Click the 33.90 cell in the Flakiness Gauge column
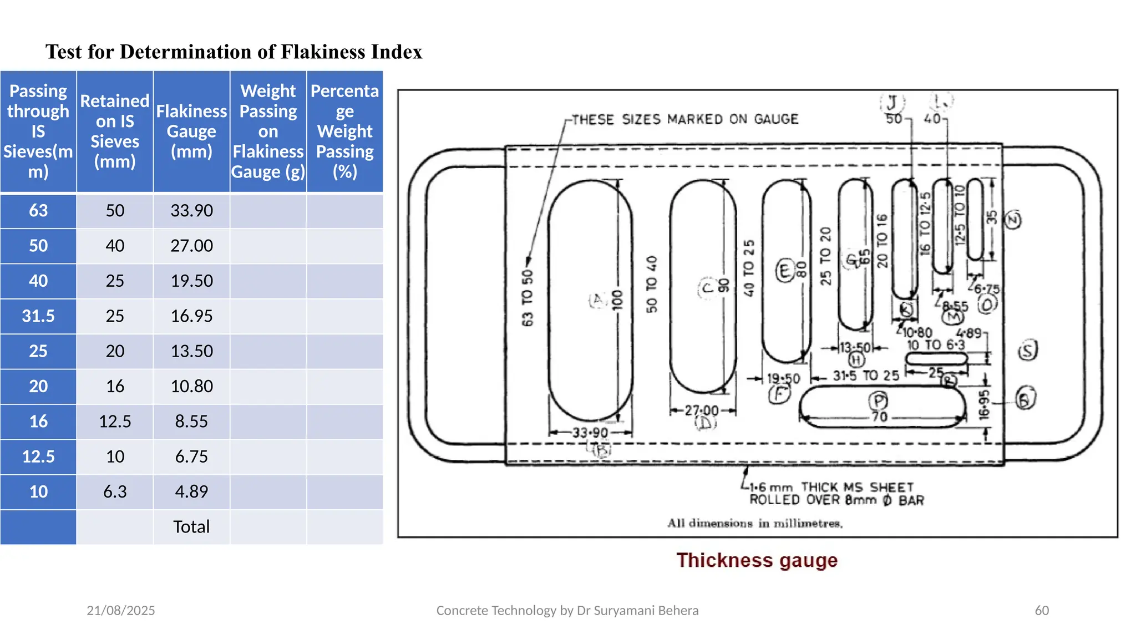(191, 211)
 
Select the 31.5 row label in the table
(38, 316)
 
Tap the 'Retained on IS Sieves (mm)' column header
(115, 131)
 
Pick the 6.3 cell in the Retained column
(115, 492)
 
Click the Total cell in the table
(191, 527)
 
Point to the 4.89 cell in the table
(191, 492)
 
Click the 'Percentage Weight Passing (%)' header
(344, 131)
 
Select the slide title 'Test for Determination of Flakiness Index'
(234, 52)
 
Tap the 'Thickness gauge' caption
(757, 560)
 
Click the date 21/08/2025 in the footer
(121, 611)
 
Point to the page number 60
(1042, 611)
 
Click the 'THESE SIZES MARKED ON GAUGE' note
(685, 119)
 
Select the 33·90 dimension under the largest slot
(590, 433)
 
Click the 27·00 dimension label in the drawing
(702, 410)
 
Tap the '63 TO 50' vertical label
(527, 298)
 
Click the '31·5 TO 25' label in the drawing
(866, 376)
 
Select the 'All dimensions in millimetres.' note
(755, 523)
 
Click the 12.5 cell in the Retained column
(115, 422)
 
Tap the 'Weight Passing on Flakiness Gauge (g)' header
(268, 131)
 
